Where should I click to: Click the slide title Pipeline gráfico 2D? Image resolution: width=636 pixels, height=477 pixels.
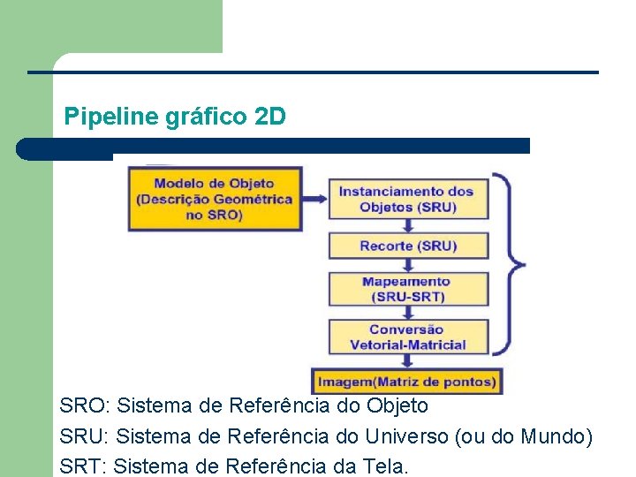[175, 116]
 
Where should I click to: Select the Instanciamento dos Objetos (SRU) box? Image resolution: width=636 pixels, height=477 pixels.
[407, 199]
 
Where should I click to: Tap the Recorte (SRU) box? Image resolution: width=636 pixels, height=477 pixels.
[407, 246]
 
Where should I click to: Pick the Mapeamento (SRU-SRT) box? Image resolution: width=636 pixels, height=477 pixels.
[407, 288]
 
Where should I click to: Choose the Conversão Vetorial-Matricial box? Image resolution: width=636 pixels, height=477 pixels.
[407, 337]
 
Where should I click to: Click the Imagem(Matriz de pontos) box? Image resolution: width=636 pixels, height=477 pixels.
[407, 382]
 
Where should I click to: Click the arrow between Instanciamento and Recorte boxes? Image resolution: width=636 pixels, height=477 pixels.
[407, 224]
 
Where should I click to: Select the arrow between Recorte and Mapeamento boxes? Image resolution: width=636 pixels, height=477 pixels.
[407, 265]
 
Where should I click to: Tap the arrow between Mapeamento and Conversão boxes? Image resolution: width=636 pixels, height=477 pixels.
[407, 311]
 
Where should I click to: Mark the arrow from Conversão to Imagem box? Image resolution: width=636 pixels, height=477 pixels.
[407, 360]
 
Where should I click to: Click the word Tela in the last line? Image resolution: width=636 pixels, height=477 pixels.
[384, 465]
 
